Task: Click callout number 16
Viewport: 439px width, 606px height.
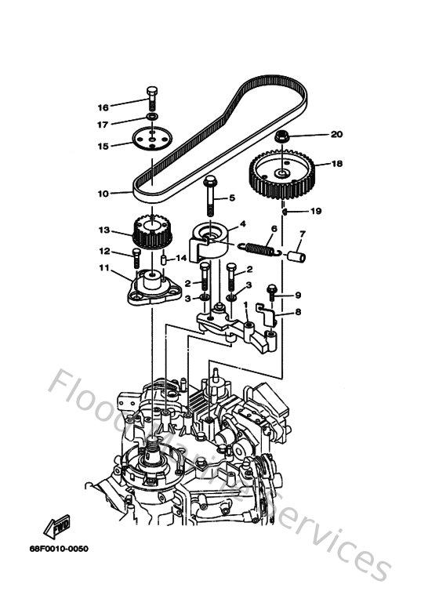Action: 103,107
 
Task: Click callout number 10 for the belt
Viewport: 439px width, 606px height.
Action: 103,192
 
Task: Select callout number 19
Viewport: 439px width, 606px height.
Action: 317,211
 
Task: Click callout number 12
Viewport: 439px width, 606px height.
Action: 103,251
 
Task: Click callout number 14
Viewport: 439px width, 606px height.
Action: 180,257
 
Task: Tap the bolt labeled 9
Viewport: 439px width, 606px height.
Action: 271,292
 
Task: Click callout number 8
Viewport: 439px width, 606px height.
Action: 299,312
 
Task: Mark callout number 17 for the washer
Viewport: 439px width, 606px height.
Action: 103,124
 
